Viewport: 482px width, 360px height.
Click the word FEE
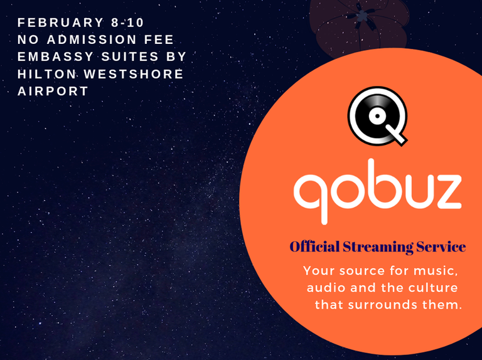click(159, 40)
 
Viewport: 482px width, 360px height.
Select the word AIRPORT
click(53, 91)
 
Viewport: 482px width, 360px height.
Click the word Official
click(314, 247)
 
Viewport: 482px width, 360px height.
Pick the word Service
click(442, 247)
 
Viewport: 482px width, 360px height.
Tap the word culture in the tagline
click(436, 288)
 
